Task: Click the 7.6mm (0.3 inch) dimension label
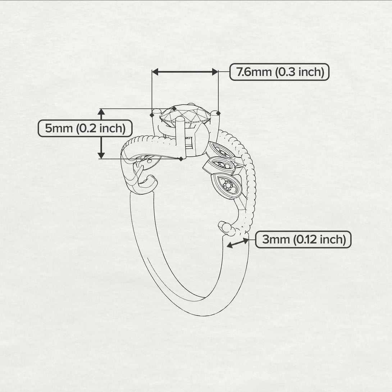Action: pyautogui.click(x=279, y=72)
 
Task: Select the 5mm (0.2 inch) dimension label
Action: pyautogui.click(x=85, y=128)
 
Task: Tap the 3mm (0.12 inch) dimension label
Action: pyautogui.click(x=303, y=240)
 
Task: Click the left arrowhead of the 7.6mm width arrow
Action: pyautogui.click(x=155, y=72)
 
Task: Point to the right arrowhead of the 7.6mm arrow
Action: pyautogui.click(x=215, y=72)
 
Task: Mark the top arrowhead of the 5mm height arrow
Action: pyautogui.click(x=101, y=112)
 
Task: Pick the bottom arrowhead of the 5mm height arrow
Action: pyautogui.click(x=101, y=155)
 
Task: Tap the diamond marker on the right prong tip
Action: pyautogui.click(x=218, y=114)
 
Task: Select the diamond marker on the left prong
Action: pyautogui.click(x=152, y=115)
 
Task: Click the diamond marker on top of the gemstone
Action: pyautogui.click(x=174, y=109)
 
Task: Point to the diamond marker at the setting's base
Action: pyautogui.click(x=181, y=159)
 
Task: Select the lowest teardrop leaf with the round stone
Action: pyautogui.click(x=227, y=186)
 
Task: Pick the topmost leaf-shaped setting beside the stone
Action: pyautogui.click(x=221, y=150)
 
